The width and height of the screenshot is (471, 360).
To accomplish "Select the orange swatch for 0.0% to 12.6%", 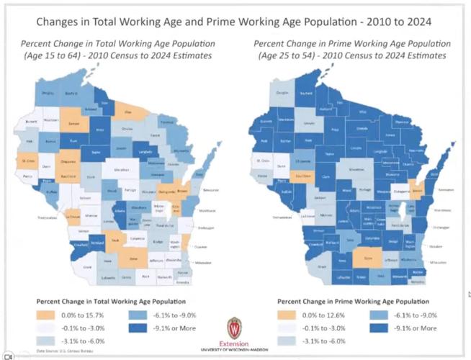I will click(x=286, y=315).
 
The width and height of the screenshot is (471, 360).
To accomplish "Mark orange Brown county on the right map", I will click(x=416, y=190).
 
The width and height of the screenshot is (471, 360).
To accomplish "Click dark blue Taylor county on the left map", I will click(x=96, y=153).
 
